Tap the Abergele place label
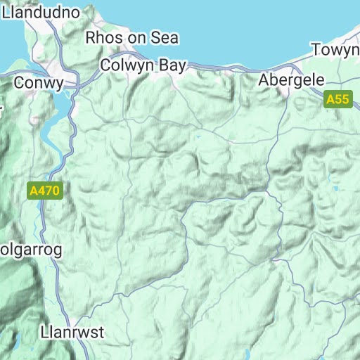[291, 79]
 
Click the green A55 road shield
[337, 100]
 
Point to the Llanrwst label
[72, 331]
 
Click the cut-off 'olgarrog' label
[31, 250]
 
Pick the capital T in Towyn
[317, 51]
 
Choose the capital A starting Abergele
[264, 79]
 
